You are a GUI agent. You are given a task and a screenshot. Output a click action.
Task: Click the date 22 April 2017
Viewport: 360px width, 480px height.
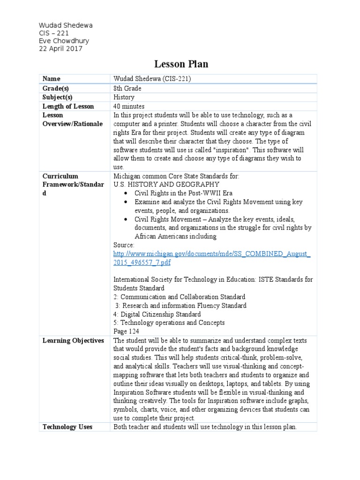[60, 49]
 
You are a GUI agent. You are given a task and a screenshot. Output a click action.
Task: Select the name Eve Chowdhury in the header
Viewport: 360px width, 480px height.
[63, 41]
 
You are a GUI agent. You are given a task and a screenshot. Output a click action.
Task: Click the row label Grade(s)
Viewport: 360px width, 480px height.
[55, 88]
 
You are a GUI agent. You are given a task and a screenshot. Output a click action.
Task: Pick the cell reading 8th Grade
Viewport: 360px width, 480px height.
[127, 88]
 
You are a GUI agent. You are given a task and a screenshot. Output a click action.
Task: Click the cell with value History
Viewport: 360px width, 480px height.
[124, 97]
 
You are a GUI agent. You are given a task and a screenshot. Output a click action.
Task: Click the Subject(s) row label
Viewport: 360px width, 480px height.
[58, 97]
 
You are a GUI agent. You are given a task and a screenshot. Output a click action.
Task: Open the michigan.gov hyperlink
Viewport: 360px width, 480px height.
[211, 258]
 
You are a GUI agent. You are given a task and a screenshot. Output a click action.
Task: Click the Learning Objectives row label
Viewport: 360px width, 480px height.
[73, 341]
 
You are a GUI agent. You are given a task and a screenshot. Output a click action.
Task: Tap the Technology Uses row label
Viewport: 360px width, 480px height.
[67, 427]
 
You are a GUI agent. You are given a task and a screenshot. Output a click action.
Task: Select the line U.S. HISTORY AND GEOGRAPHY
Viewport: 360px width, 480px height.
[166, 184]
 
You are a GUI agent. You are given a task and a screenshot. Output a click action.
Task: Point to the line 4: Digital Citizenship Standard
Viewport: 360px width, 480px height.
[157, 314]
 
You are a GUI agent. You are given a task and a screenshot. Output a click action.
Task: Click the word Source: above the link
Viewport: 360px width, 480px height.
[124, 245]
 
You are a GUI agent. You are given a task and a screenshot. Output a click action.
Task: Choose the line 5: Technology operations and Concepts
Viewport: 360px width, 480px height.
[169, 322]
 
